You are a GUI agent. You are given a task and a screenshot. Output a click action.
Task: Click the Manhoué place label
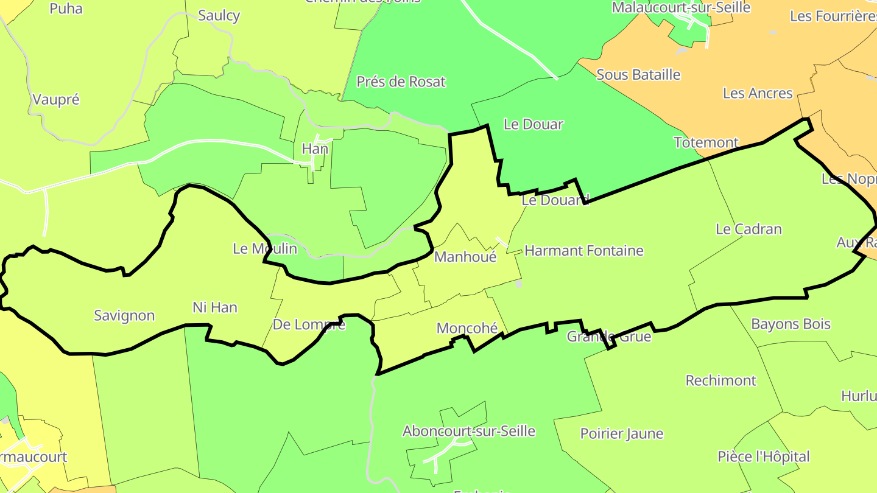pos(465,257)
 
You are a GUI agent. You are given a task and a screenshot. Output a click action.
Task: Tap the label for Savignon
pos(124,316)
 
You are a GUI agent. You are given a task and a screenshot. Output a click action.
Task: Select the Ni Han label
pos(214,307)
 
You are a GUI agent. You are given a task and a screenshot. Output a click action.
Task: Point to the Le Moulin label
pos(265,248)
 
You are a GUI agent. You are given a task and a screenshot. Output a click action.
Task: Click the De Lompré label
pos(309,324)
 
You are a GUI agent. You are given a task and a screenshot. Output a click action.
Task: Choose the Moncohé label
pos(467,328)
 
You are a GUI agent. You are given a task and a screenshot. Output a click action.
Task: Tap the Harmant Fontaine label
pos(583,250)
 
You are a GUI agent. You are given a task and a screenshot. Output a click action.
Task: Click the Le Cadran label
pos(748,229)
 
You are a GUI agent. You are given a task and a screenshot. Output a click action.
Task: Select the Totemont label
pos(706,142)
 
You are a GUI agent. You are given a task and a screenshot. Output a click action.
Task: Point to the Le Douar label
pos(534,124)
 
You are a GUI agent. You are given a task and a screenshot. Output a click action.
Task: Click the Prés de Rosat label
pos(401,82)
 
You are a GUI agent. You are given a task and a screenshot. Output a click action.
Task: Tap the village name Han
pos(315,149)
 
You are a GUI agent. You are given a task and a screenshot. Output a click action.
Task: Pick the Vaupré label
pos(56,100)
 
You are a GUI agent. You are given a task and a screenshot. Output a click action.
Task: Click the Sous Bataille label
pos(638,75)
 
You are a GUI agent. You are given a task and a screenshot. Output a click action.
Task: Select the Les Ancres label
pos(758,93)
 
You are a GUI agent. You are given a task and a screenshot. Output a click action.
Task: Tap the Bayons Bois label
pos(791,324)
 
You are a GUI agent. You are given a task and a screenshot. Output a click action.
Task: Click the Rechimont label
pos(720,380)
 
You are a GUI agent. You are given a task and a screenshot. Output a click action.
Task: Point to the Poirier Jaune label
pos(621,434)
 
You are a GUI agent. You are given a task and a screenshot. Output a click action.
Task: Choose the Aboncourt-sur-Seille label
pos(468,432)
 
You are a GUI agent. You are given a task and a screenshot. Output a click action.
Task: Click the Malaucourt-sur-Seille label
pos(681,8)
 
